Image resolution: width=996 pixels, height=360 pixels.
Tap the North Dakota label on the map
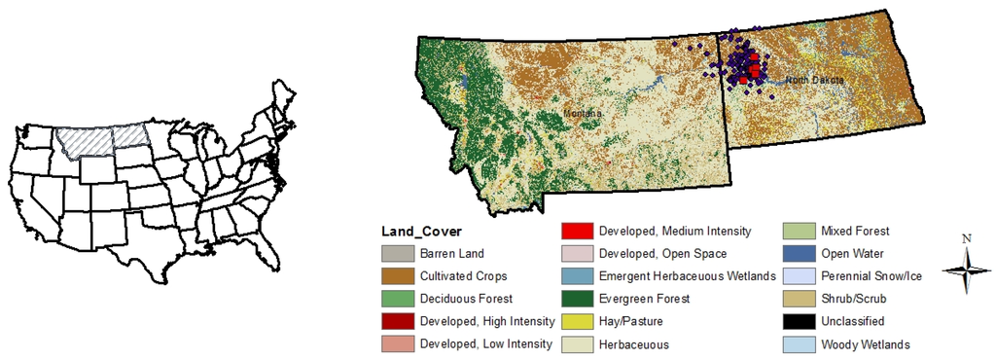[x=814, y=79]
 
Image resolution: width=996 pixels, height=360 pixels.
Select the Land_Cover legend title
[x=420, y=232]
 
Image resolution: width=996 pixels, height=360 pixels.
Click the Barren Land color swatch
[x=397, y=254]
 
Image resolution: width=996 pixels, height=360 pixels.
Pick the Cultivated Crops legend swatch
[x=397, y=276]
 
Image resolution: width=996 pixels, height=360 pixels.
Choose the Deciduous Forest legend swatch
[x=397, y=299]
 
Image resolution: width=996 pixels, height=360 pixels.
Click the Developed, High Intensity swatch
[x=397, y=321]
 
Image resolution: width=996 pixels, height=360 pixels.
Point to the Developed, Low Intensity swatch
[x=397, y=343]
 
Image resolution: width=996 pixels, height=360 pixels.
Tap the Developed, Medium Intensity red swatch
[x=578, y=232]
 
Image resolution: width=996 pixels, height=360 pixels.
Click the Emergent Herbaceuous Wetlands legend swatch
[x=578, y=276]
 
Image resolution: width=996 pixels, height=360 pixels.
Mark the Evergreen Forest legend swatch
[x=578, y=299]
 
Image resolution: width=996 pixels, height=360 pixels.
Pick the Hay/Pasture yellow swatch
[x=578, y=321]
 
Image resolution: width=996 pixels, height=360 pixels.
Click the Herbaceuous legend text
[x=633, y=343]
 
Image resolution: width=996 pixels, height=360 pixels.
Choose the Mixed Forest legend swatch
[x=800, y=232]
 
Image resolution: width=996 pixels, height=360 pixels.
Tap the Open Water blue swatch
[x=800, y=254]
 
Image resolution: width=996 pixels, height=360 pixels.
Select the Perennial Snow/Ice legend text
[x=871, y=276]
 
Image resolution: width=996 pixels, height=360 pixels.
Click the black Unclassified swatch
[x=800, y=321]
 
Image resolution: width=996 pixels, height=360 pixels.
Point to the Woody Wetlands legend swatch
[x=800, y=343]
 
